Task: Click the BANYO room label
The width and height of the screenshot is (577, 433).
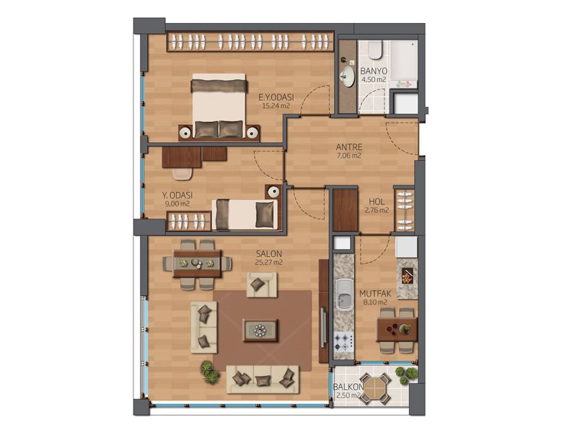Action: pos(373,71)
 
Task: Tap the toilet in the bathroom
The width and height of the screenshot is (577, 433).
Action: pos(375,50)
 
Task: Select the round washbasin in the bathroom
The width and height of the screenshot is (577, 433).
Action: pos(347,77)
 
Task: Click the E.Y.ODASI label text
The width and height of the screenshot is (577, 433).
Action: pos(276,97)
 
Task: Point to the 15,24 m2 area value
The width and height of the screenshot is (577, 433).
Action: pos(276,106)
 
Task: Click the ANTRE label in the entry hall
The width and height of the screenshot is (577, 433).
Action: pos(349,147)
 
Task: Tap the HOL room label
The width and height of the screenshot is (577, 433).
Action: pos(376,202)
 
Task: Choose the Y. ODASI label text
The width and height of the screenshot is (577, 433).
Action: pos(177,196)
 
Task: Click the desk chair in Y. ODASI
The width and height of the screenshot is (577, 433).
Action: pos(182,174)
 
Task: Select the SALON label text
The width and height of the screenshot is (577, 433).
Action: pos(269,254)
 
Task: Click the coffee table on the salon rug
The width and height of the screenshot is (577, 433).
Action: pos(260,330)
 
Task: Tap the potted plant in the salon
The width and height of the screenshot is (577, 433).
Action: pos(210,372)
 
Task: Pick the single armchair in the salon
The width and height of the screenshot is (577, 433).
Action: pos(262,284)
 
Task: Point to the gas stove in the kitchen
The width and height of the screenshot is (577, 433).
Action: pos(343,341)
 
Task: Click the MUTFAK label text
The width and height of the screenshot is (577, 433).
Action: pos(375,294)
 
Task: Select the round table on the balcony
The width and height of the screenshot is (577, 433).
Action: pos(375,389)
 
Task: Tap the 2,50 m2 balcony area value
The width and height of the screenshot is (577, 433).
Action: pos(348,395)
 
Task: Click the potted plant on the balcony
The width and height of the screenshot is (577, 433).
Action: pos(406,375)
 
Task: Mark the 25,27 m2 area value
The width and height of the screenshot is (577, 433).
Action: pos(269,263)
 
